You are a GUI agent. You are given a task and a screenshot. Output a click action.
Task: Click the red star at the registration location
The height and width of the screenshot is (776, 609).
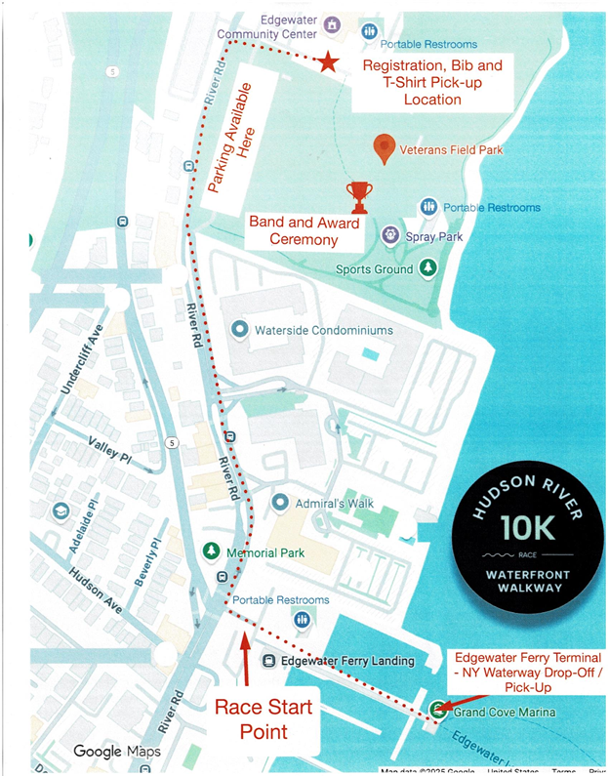[329, 63]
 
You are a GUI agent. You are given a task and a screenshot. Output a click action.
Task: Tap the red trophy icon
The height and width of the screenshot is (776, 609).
[359, 196]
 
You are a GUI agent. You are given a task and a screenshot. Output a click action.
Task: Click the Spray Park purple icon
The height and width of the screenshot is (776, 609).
[389, 234]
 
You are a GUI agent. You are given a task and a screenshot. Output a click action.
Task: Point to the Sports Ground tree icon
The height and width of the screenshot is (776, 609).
[427, 266]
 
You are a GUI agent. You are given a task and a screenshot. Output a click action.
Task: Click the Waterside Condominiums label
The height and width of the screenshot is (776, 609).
[324, 330]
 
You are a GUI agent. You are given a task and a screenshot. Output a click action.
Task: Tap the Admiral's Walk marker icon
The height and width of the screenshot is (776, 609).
[280, 503]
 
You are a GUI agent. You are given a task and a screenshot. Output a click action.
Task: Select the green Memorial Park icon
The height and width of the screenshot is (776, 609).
[211, 551]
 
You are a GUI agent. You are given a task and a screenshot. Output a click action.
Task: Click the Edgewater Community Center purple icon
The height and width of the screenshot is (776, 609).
[332, 24]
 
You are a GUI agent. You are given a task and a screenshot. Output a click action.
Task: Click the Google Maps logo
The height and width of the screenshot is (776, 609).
[117, 751]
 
